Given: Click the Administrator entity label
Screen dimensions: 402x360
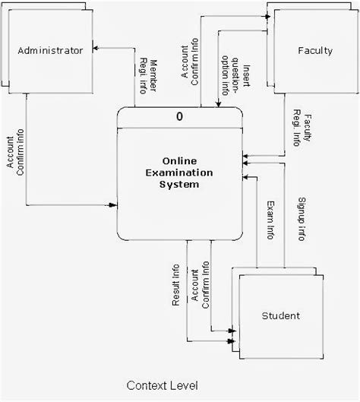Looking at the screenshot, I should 49,51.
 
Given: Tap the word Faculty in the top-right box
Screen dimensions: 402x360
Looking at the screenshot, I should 316,51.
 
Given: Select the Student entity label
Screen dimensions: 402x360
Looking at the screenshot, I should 280,315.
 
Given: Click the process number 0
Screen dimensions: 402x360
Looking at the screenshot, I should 179,117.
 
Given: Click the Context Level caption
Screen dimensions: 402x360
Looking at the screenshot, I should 162,386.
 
